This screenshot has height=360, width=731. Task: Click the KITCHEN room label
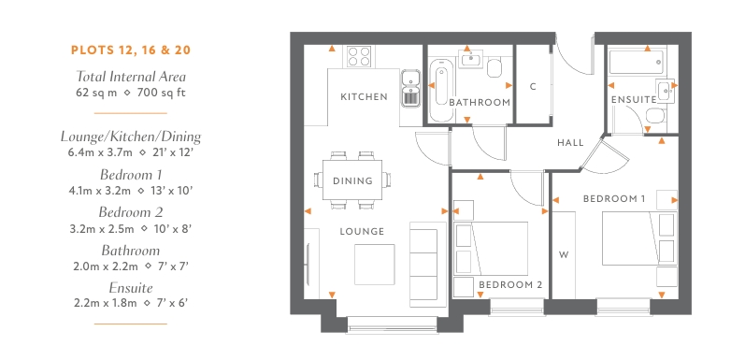[365, 97]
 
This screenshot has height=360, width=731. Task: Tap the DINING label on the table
[353, 180]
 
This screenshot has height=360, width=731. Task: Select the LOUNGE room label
[362, 231]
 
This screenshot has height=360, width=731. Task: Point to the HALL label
[570, 143]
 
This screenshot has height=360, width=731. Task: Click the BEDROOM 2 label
[510, 284]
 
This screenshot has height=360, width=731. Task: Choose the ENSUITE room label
[634, 100]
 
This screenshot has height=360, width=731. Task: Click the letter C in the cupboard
[534, 87]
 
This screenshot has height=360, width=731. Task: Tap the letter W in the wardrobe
[564, 254]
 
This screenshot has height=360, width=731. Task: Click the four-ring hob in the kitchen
[359, 56]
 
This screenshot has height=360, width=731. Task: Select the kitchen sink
[410, 88]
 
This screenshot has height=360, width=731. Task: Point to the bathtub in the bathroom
[440, 89]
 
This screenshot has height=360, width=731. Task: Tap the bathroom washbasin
[470, 59]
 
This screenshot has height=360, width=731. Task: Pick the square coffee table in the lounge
[374, 265]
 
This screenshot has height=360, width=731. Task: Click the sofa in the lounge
[423, 265]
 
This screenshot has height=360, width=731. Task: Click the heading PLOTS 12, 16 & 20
[131, 50]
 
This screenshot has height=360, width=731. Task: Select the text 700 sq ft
[162, 93]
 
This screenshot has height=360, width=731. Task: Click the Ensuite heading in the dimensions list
[131, 287]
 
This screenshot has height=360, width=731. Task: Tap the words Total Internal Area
[131, 76]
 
